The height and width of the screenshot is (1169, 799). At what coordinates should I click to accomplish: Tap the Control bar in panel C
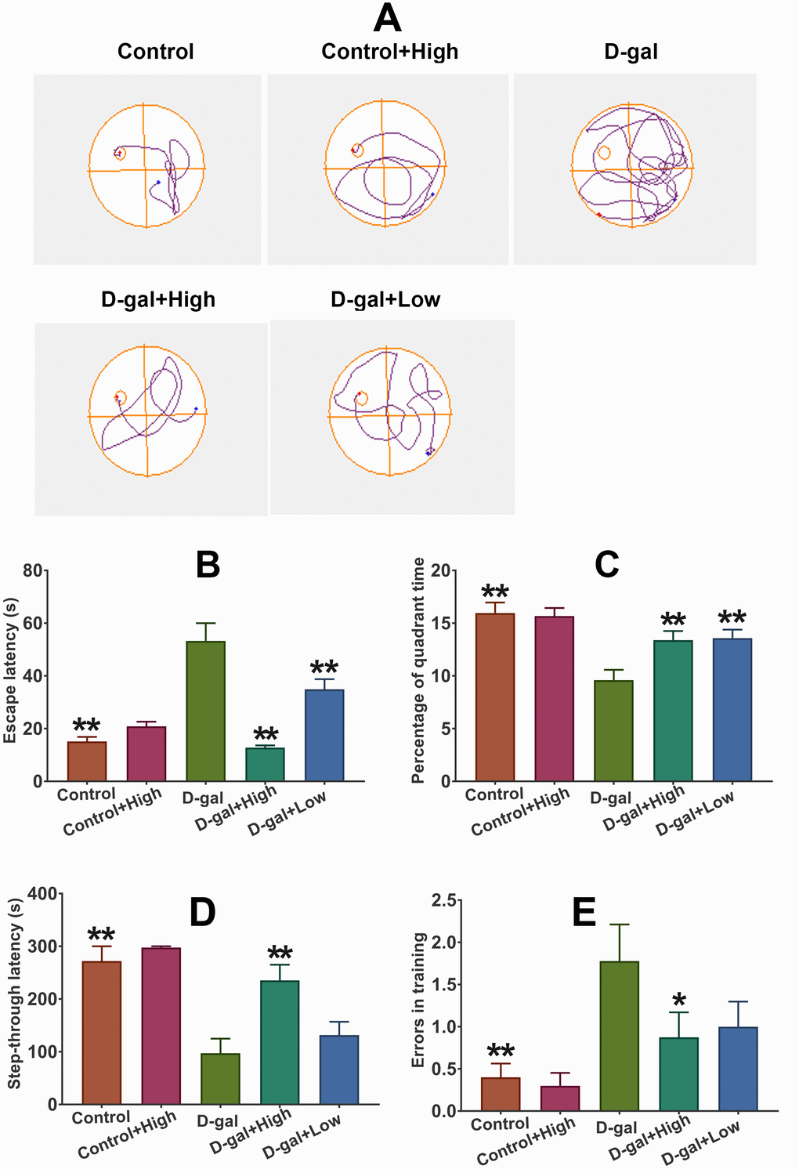(495, 697)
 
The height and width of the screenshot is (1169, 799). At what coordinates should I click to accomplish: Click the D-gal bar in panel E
(619, 1035)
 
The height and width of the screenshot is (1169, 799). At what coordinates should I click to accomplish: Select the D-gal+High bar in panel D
(280, 1041)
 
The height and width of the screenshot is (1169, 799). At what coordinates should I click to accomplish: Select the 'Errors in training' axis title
(419, 1000)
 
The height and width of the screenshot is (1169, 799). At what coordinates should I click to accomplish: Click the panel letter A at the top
(387, 18)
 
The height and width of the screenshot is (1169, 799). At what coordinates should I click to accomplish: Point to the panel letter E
(584, 913)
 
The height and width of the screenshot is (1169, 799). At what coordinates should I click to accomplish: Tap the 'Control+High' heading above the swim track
(389, 52)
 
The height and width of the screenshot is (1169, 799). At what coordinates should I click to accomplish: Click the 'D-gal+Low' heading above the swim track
(385, 299)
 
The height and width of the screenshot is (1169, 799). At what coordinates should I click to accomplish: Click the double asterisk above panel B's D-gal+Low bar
(324, 668)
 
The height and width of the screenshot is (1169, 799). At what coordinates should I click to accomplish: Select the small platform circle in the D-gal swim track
(604, 153)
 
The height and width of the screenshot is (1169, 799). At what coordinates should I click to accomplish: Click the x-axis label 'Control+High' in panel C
(521, 812)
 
